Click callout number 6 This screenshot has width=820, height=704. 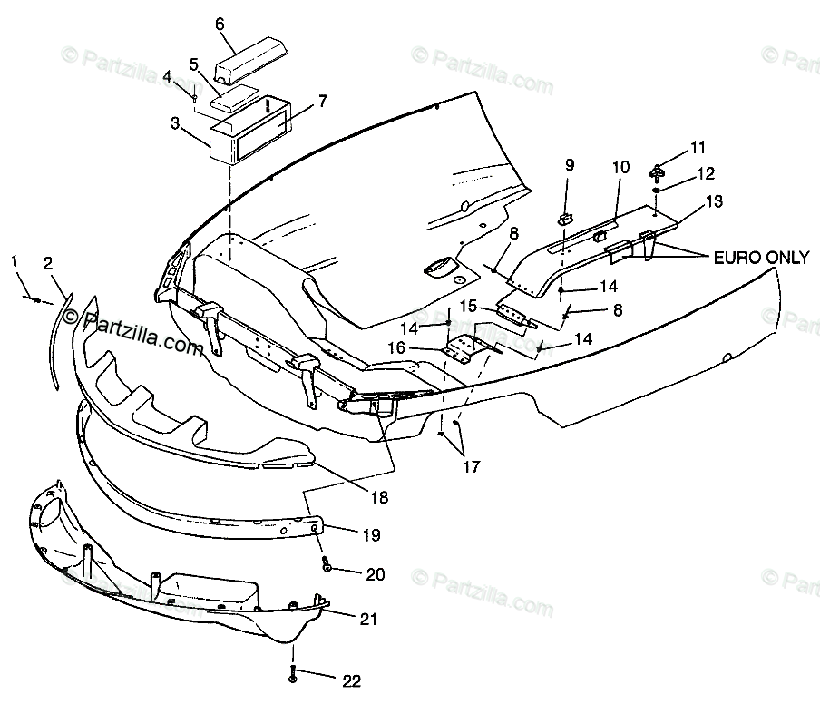pos(220,24)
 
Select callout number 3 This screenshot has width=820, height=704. pos(175,122)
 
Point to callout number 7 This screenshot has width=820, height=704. pos(323,101)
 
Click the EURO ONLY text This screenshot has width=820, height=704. pos(762,259)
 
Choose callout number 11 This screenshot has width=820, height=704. pos(697,147)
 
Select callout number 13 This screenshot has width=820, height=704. pos(716,202)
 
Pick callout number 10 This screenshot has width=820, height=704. pos(620,167)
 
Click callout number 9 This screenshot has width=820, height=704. pos(570,165)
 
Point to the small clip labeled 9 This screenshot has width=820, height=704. pos(565,217)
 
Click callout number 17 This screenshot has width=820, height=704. pos(469,467)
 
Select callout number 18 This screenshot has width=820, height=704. pos(379,497)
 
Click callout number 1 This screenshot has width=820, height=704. pos(15,262)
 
